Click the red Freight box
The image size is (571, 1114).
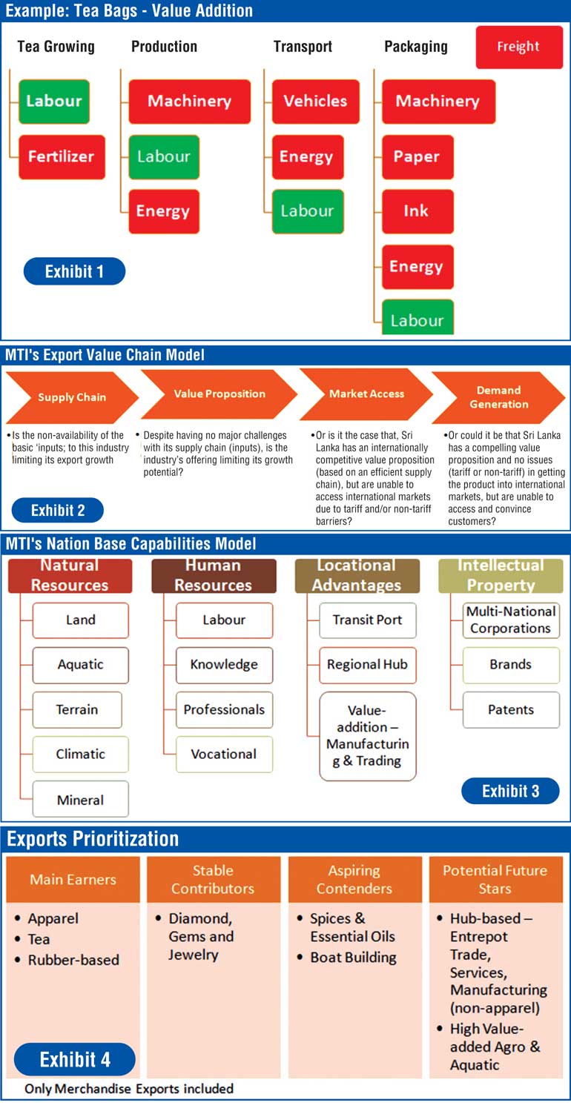tap(518, 47)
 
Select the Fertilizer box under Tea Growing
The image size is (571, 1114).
tap(62, 156)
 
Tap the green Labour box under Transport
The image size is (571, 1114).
tap(307, 211)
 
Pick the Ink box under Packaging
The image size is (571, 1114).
tap(417, 211)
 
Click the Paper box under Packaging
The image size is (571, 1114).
tap(417, 157)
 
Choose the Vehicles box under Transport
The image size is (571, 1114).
tap(315, 102)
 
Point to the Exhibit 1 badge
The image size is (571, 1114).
tap(74, 271)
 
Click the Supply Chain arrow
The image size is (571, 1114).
tap(72, 397)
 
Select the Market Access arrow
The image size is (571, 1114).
tap(366, 394)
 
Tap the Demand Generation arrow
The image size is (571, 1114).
tap(498, 397)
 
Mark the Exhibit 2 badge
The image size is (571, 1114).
tap(58, 510)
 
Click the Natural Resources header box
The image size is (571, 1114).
tap(70, 575)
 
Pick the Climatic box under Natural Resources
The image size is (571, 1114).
tap(80, 754)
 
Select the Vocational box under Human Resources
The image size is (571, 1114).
tap(224, 754)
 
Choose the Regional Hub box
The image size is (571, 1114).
tap(367, 665)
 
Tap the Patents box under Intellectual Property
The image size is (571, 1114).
tap(511, 709)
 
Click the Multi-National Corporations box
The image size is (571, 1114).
tap(511, 620)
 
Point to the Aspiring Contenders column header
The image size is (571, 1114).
tap(354, 879)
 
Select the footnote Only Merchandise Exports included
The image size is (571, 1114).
tap(129, 1089)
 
